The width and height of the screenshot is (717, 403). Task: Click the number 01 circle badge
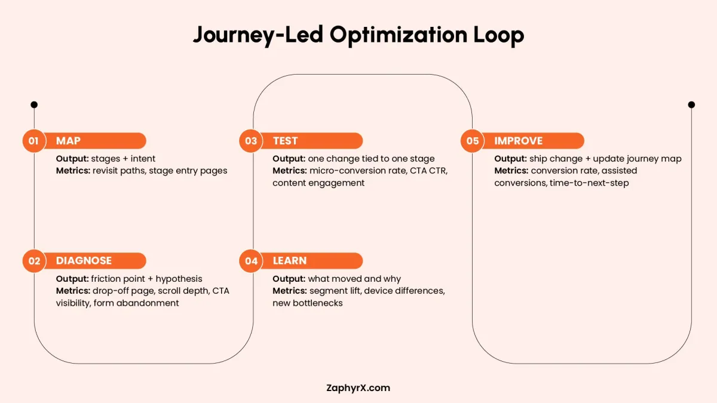[33, 141]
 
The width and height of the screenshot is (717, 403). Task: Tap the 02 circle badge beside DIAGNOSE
[33, 261]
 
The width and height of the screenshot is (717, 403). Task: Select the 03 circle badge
[250, 141]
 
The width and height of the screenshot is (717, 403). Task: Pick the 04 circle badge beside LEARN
[250, 261]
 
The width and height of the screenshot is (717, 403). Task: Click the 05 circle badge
[472, 141]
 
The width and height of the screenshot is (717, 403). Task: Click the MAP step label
[68, 141]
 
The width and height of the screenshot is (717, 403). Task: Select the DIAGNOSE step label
[84, 261]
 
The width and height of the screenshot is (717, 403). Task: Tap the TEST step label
[285, 141]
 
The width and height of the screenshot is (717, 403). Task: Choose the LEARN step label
[290, 261]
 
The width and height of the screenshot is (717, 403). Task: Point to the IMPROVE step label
[518, 141]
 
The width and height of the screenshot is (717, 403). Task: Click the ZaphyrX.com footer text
[358, 387]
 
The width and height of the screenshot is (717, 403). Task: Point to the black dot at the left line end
[34, 104]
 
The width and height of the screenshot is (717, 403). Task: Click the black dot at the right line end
[691, 104]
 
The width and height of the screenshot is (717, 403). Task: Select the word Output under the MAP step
[72, 159]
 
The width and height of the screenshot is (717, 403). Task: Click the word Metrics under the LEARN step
[289, 291]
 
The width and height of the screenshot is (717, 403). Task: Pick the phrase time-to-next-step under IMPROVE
[589, 183]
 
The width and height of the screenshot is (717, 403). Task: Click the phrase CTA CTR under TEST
[428, 171]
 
